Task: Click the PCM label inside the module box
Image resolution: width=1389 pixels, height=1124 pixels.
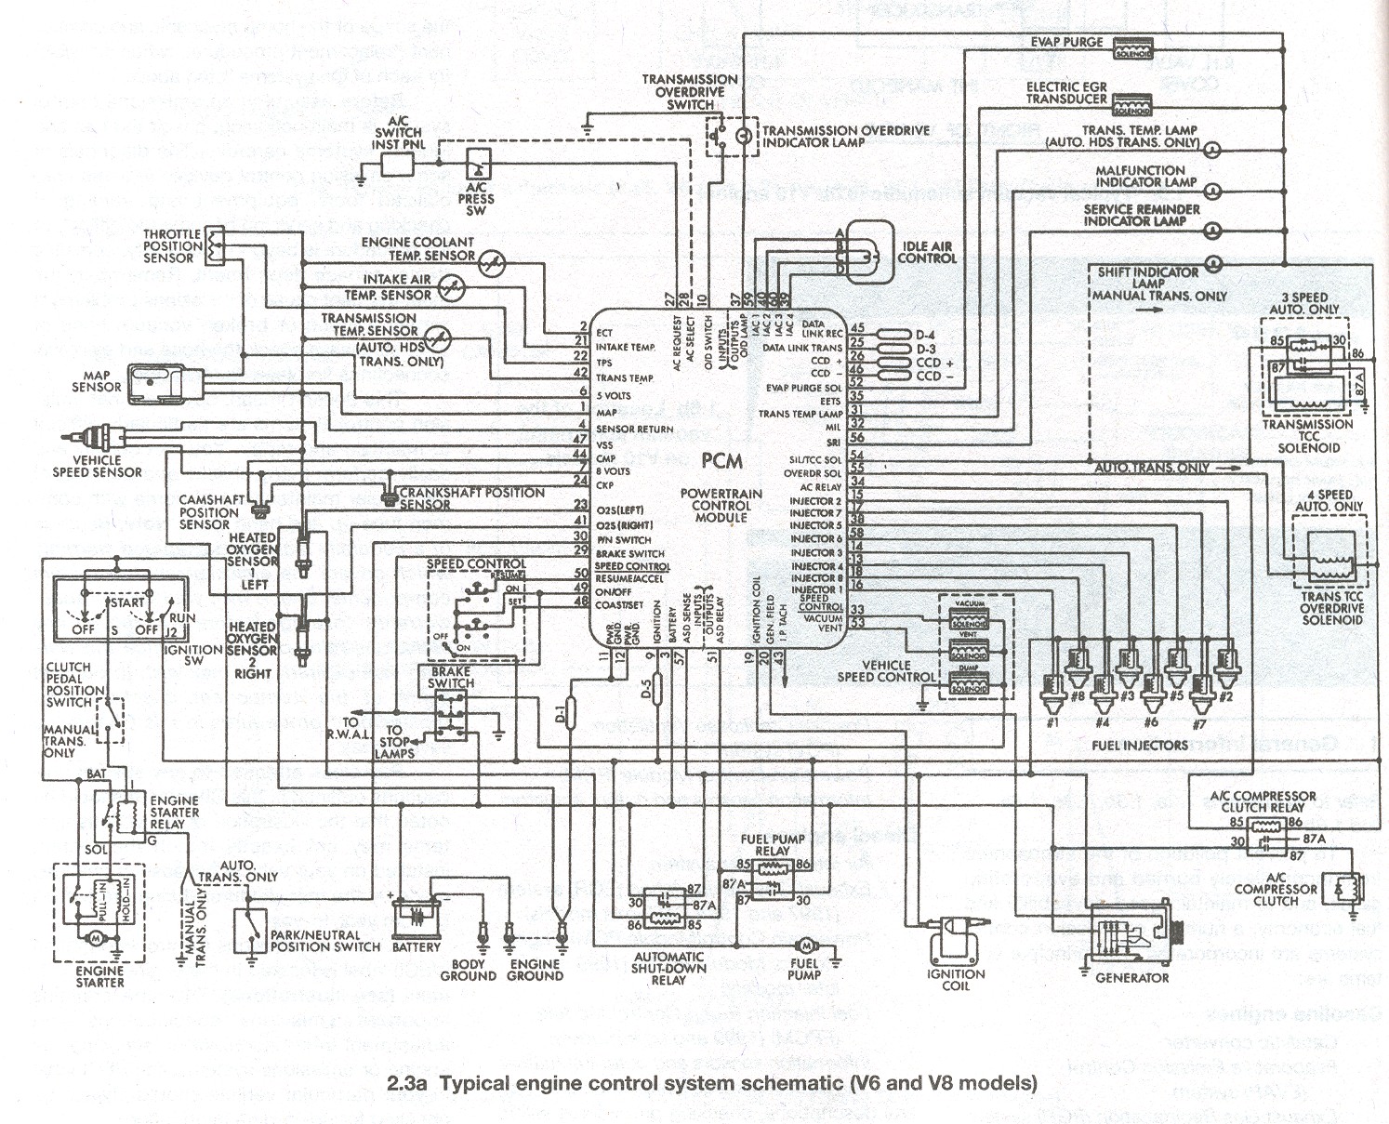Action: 721,461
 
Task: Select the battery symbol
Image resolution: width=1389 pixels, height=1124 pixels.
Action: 415,916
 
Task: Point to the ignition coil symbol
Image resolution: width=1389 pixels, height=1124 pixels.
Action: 953,938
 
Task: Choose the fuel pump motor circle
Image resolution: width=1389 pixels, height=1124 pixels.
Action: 802,945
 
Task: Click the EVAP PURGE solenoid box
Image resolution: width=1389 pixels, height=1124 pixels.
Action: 1132,48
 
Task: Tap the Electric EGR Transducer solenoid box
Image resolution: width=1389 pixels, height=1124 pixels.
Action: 1131,104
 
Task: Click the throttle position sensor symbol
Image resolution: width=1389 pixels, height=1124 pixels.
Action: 215,245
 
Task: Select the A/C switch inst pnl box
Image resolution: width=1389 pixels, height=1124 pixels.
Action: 399,165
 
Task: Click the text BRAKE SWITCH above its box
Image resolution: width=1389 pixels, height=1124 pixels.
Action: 451,677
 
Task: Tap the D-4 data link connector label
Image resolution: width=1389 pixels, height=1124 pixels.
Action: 925,335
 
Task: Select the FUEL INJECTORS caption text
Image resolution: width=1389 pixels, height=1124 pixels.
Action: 1139,745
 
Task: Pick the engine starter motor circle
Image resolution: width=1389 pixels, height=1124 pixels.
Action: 94,940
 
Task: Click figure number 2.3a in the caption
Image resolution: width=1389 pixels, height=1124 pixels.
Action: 407,1083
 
